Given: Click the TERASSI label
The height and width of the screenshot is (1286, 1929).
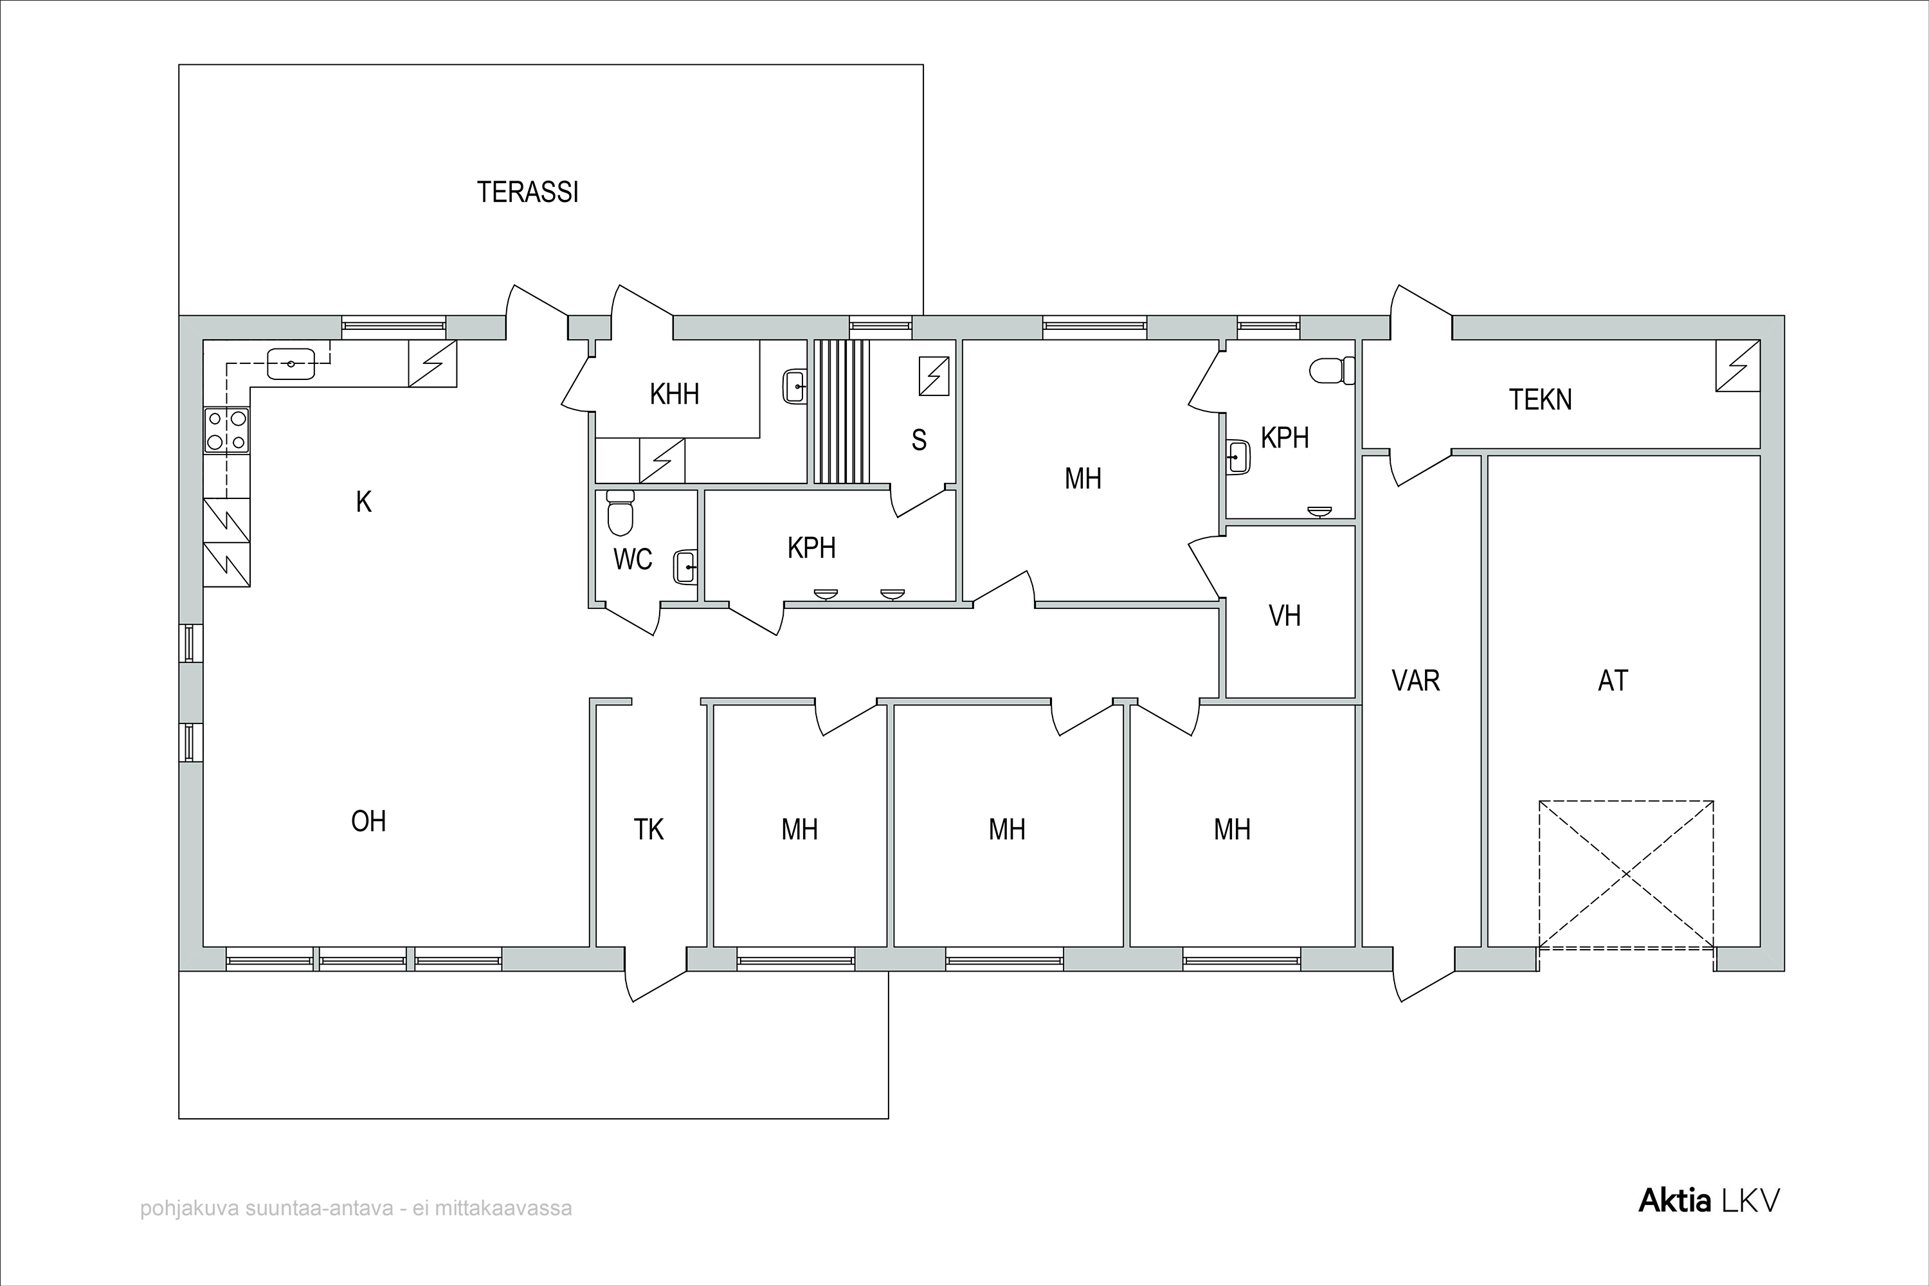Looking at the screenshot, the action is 527,192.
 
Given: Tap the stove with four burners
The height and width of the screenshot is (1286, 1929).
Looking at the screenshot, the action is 226,430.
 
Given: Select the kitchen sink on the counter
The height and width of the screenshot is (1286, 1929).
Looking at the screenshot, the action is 291,363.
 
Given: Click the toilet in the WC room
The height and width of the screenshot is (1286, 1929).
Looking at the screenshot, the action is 620,512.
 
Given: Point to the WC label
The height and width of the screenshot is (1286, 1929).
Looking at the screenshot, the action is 632,559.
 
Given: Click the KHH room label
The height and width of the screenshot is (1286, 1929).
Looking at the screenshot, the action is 674,395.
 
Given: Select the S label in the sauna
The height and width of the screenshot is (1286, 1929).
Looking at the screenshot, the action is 919,440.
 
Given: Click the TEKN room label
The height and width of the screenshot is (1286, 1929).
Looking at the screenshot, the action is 1540,399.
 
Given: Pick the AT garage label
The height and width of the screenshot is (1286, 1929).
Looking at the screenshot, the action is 1613,681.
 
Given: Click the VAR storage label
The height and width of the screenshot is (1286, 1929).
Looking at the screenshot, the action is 1416,681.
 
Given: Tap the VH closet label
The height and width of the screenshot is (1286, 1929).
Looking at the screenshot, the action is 1284,616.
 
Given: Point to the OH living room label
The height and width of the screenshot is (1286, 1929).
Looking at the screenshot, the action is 368,821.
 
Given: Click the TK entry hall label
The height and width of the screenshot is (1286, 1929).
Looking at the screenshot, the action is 648,830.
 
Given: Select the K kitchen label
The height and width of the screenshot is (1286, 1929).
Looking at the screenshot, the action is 363,502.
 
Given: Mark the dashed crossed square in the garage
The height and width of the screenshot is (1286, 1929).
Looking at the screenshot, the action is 1626,874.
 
